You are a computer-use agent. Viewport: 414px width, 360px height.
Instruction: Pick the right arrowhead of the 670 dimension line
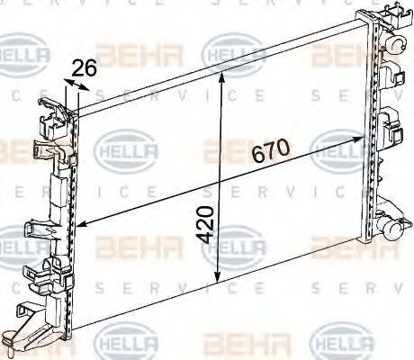[364, 138]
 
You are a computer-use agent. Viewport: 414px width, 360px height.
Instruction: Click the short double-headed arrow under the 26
[76, 86]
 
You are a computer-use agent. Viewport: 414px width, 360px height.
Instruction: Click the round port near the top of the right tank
[397, 44]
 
